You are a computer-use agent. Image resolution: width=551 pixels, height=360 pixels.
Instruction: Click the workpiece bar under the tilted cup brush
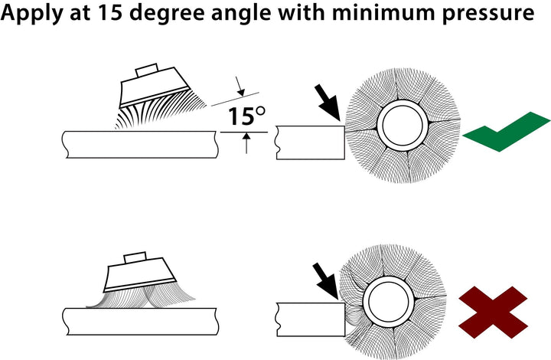click(x=138, y=143)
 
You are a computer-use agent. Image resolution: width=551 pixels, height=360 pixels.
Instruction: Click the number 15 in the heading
click(x=114, y=15)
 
